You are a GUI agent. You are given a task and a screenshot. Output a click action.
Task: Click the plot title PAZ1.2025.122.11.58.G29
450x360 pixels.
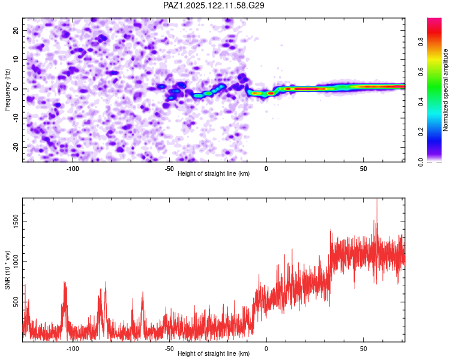coord(214,5)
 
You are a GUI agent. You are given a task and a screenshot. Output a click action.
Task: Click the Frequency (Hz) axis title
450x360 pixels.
coord(7,90)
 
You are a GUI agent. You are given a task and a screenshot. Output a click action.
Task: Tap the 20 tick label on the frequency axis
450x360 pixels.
coord(16,30)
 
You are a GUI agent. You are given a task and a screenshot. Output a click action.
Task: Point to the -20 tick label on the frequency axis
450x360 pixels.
coord(16,147)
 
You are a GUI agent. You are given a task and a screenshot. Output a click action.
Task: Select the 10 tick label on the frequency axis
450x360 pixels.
coord(16,59)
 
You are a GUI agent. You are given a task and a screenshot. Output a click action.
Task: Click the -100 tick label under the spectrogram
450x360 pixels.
coord(73,169)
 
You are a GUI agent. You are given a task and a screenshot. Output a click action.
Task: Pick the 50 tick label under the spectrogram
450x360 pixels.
coord(364,169)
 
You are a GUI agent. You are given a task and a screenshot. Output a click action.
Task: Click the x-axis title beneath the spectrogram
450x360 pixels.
coord(214,173)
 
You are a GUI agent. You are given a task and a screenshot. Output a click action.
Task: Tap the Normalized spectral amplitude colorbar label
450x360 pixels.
coord(445,90)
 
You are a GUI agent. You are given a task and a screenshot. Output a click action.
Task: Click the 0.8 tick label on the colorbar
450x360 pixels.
coord(421,41)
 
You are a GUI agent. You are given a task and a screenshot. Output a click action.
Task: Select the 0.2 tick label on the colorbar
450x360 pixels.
coord(421,132)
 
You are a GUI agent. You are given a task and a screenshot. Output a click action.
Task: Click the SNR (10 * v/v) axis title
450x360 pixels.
coord(7,270)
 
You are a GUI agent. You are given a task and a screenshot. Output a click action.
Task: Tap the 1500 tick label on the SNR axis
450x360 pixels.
coord(16,221)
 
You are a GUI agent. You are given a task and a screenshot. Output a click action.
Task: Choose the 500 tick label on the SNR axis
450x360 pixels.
coord(16,302)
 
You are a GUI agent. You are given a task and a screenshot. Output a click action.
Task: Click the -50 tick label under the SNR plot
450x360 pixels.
coord(169,349)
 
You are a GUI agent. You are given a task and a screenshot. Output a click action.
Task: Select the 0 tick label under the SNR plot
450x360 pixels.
coord(266,349)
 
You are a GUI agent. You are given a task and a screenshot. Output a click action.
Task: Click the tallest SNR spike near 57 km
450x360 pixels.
coord(377,199)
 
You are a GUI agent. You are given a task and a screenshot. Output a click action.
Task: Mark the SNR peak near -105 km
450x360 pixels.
coord(64,282)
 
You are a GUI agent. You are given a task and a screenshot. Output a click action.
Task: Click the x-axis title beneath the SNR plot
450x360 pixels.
coord(214,353)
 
